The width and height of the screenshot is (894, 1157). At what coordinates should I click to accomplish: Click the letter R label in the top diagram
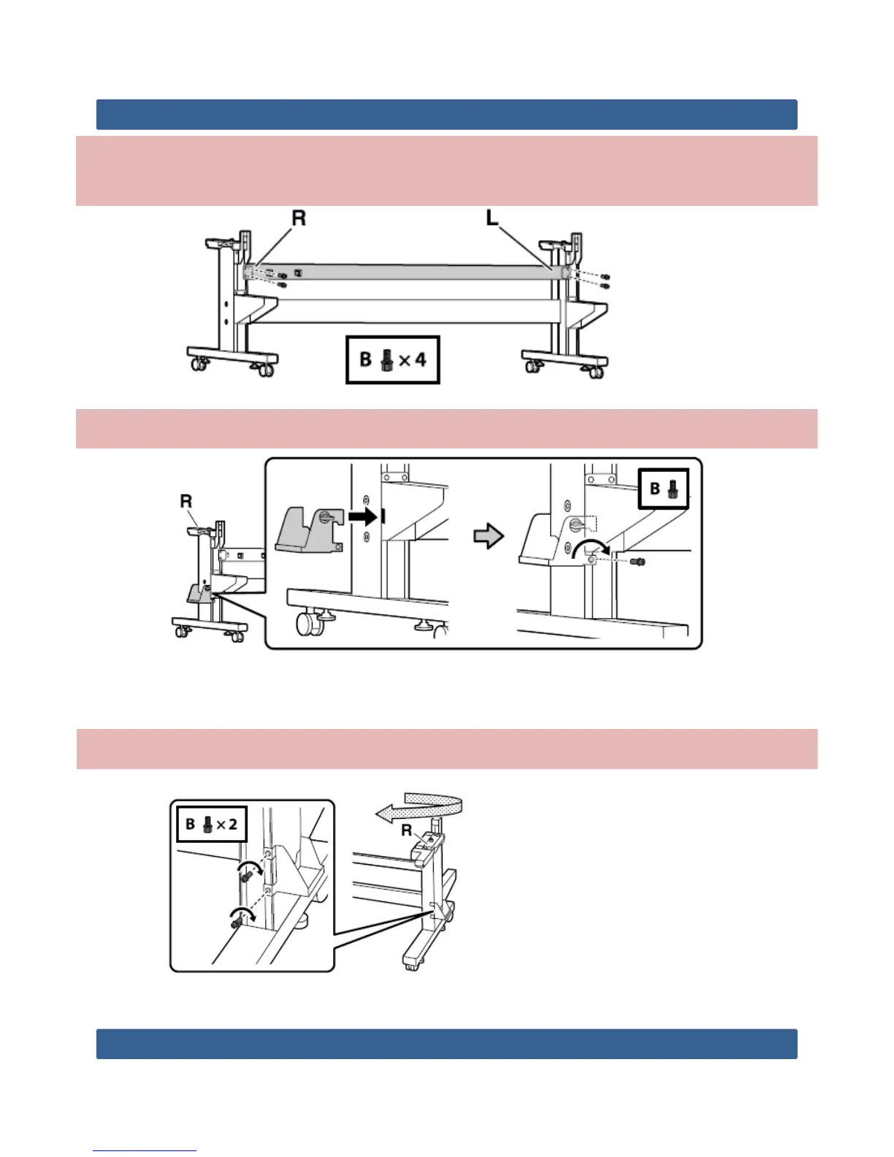tap(299, 218)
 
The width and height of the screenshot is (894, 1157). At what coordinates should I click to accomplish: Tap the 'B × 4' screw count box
tap(392, 359)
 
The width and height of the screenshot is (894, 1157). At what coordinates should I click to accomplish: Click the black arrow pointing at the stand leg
tap(362, 518)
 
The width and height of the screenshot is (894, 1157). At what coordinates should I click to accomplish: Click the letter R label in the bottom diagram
tap(406, 831)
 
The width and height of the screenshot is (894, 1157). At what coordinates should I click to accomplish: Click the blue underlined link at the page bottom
tap(145, 1150)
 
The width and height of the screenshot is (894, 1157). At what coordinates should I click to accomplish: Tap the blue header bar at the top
tap(446, 115)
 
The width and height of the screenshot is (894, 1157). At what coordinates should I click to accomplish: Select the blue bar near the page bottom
tap(446, 1044)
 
